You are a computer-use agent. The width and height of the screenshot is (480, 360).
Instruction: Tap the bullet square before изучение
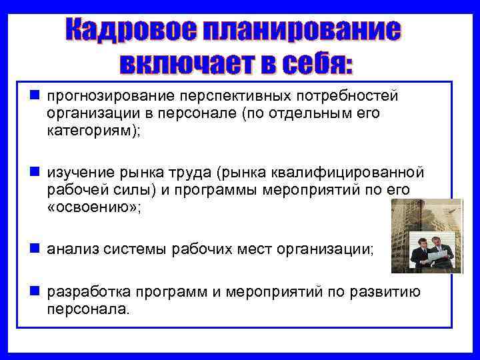point(33,173)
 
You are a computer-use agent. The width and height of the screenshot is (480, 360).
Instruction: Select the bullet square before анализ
point(33,249)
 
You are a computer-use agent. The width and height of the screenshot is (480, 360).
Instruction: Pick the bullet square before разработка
point(33,292)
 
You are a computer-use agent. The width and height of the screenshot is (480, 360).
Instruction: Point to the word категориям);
point(94,130)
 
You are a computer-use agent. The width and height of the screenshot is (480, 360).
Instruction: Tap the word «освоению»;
point(93,206)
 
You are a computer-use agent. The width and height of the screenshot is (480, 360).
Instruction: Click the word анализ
point(71,249)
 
